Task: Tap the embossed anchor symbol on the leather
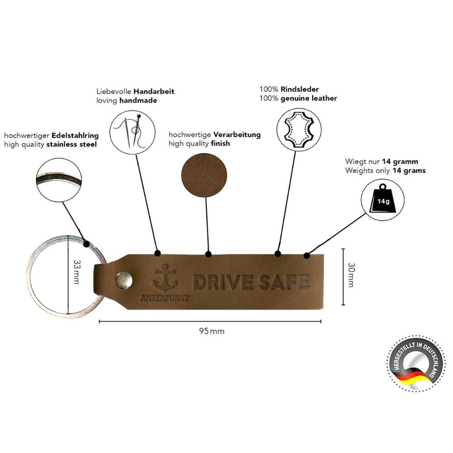pos(163,277)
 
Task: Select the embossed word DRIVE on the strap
pos(223,282)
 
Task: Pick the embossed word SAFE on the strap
pos(284,282)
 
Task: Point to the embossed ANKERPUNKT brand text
pos(165,298)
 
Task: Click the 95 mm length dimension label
pos(211,331)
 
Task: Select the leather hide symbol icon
pos(298,129)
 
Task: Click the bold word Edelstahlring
pos(75,135)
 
